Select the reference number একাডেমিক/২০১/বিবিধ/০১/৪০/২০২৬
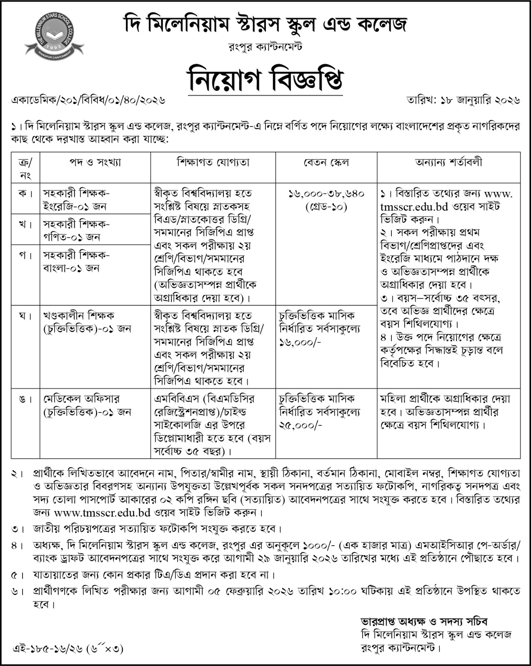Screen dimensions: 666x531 click(89, 101)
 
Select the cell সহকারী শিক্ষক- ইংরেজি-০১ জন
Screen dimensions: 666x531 click(76, 199)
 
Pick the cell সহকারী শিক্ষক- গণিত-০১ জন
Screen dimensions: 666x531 click(76, 230)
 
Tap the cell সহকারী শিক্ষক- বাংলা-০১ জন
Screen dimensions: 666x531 click(76, 261)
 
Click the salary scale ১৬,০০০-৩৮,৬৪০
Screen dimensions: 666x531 click(326, 194)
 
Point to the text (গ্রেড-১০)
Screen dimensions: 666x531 click(326, 206)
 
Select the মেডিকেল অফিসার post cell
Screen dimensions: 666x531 click(87, 405)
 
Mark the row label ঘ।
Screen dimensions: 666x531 click(25, 316)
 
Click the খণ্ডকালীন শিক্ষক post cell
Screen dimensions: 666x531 click(87, 322)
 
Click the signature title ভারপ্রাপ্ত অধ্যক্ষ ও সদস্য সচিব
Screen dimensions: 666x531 click(424, 621)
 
